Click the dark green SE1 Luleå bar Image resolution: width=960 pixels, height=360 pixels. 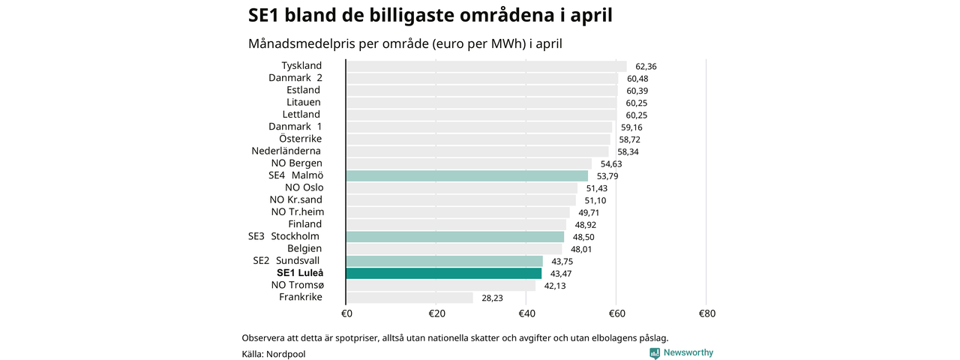click(x=443, y=274)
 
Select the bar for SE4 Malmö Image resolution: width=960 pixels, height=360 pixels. click(x=466, y=175)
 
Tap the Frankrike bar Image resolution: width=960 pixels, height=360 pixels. click(x=409, y=298)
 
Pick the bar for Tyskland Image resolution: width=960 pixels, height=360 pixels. click(x=486, y=67)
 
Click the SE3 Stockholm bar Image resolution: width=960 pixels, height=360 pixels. click(x=454, y=237)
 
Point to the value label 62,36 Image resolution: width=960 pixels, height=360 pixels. click(x=646, y=67)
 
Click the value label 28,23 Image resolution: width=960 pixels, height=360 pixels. click(x=493, y=298)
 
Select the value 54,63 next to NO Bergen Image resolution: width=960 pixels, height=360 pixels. click(x=611, y=164)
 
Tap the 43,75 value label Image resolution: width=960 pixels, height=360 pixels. click(x=562, y=262)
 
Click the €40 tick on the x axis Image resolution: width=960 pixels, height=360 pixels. click(x=526, y=313)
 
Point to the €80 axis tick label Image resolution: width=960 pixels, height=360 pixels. click(x=707, y=313)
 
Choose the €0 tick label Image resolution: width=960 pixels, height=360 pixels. click(x=346, y=313)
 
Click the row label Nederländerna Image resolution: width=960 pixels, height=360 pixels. click(x=286, y=151)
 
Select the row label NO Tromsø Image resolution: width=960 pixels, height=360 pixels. click(x=298, y=285)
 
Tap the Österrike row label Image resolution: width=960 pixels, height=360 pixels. click(x=300, y=139)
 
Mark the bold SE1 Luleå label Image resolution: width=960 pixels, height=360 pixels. click(x=300, y=273)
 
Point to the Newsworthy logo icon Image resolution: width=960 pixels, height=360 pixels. click(x=655, y=353)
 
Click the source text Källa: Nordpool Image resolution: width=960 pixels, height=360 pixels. click(x=274, y=354)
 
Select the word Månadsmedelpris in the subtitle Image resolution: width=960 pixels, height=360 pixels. click(x=301, y=43)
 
